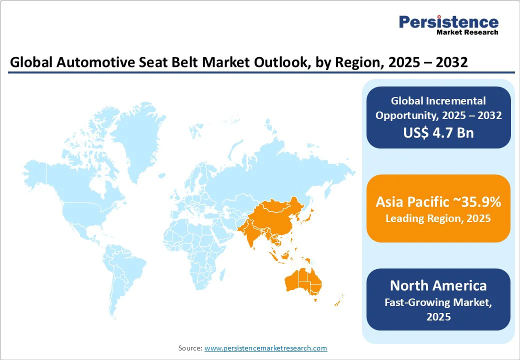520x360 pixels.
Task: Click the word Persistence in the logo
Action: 448,22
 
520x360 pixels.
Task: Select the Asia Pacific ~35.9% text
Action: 438,202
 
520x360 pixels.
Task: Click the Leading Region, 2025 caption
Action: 438,218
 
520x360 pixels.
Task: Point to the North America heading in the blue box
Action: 438,285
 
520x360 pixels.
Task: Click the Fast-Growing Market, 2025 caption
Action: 438,309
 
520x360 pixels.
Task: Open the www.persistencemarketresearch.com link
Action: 265,348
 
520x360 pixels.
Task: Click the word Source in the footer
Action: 190,348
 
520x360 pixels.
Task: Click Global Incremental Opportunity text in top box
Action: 438,108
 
